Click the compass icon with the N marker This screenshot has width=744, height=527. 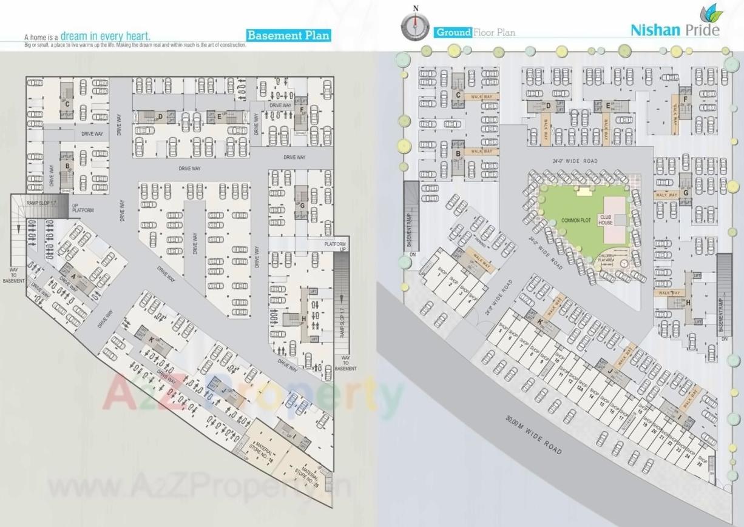tap(416, 25)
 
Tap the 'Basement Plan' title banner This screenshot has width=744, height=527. tap(289, 35)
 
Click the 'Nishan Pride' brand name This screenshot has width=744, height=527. tap(674, 30)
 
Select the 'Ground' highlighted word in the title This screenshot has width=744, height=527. tap(453, 32)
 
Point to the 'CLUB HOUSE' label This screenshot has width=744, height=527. tap(606, 220)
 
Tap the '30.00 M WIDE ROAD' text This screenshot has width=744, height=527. tap(533, 434)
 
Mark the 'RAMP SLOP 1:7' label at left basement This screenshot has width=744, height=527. tap(46, 203)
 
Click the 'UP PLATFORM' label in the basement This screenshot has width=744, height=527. tap(83, 208)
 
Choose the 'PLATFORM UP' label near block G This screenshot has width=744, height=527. tap(334, 246)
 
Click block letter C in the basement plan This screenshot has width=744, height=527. tap(67, 102)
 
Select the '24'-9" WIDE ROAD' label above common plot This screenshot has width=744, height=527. tap(575, 161)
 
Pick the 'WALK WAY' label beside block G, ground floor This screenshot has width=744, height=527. tap(666, 195)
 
